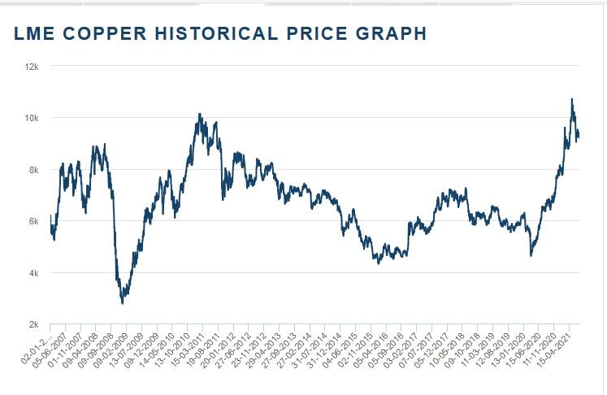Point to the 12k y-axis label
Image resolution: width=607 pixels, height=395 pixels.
[33, 66]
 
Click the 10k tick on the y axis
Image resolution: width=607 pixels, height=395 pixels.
[33, 118]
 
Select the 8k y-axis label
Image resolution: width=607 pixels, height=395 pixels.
[34, 169]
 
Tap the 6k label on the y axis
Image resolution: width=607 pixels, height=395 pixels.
[34, 221]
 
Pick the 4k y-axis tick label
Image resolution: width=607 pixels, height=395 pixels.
[34, 272]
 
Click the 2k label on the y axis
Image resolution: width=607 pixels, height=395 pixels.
[34, 324]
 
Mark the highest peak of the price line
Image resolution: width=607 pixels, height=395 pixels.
[572, 99]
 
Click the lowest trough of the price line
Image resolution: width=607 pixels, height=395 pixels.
[123, 303]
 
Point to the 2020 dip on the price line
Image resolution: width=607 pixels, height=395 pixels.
[531, 255]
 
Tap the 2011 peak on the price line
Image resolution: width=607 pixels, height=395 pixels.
[200, 115]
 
